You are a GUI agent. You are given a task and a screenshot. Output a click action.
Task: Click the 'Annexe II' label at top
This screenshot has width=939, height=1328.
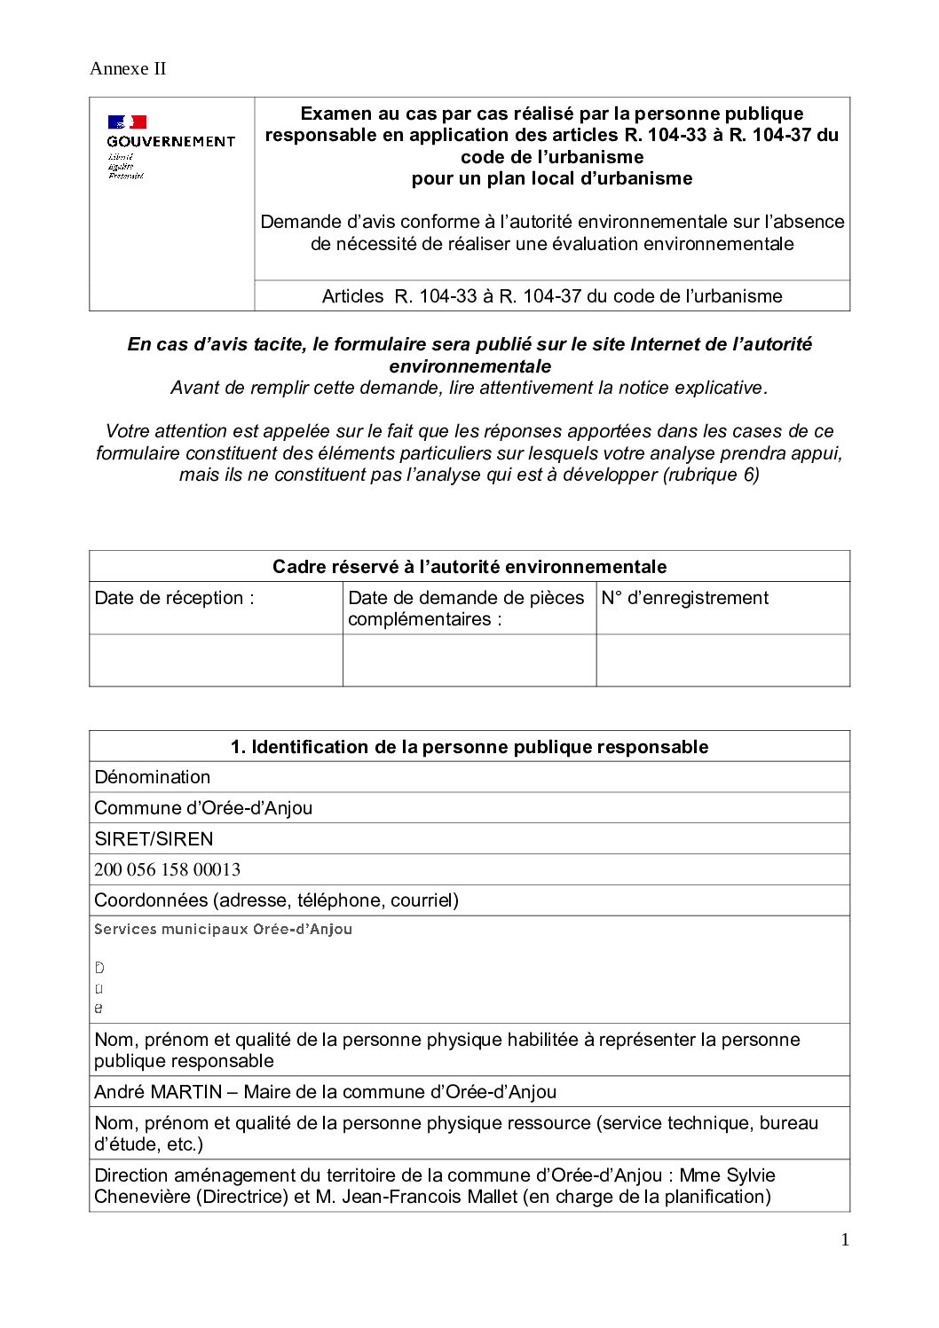[128, 69]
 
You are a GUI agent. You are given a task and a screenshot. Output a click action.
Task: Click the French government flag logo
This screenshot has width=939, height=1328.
[127, 122]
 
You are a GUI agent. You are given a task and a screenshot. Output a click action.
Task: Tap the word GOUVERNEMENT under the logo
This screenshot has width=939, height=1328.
[170, 141]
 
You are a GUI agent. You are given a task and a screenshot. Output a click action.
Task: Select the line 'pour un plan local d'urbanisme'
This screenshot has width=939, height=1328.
[551, 178]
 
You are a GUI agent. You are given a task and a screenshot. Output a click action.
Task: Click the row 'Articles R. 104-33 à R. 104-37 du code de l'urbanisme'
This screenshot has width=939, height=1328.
[551, 296]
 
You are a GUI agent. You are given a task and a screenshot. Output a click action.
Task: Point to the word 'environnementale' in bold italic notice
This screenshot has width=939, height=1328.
[469, 366]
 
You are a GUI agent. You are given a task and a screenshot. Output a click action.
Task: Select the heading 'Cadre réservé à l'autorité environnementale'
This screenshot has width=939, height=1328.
[469, 567]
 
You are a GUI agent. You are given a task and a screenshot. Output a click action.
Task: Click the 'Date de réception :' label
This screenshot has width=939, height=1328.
[174, 598]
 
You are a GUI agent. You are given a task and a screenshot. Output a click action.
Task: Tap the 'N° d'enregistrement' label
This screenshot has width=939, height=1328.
[684, 598]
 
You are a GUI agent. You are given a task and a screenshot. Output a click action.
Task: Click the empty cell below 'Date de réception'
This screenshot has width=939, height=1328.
[216, 660]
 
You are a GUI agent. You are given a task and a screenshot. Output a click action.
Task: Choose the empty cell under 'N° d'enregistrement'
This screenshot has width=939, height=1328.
[722, 660]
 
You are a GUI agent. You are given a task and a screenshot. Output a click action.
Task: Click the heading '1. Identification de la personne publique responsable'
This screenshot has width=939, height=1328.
[469, 747]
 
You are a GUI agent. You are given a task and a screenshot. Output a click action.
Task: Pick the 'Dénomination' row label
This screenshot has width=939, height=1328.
[153, 777]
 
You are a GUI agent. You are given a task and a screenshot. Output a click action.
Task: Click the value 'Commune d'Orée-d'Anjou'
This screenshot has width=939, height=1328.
[203, 808]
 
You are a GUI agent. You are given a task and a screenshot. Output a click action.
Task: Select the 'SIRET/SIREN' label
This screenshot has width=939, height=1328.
[154, 839]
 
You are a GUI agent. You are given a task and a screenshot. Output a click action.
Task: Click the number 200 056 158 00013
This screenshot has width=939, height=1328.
[167, 870]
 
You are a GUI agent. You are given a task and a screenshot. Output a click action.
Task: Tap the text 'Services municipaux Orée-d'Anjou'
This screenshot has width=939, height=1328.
[223, 930]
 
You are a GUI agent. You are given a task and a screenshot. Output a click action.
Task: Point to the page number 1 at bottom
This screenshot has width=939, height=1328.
[845, 1240]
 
